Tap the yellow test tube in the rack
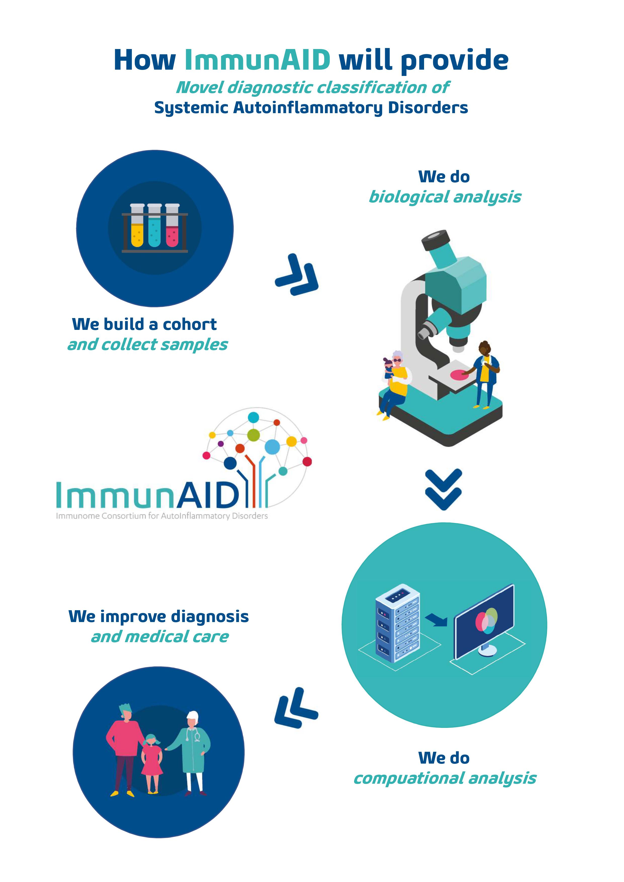click(137, 229)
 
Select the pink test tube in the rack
click(172, 229)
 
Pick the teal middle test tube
click(154, 229)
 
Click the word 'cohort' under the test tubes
click(189, 325)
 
